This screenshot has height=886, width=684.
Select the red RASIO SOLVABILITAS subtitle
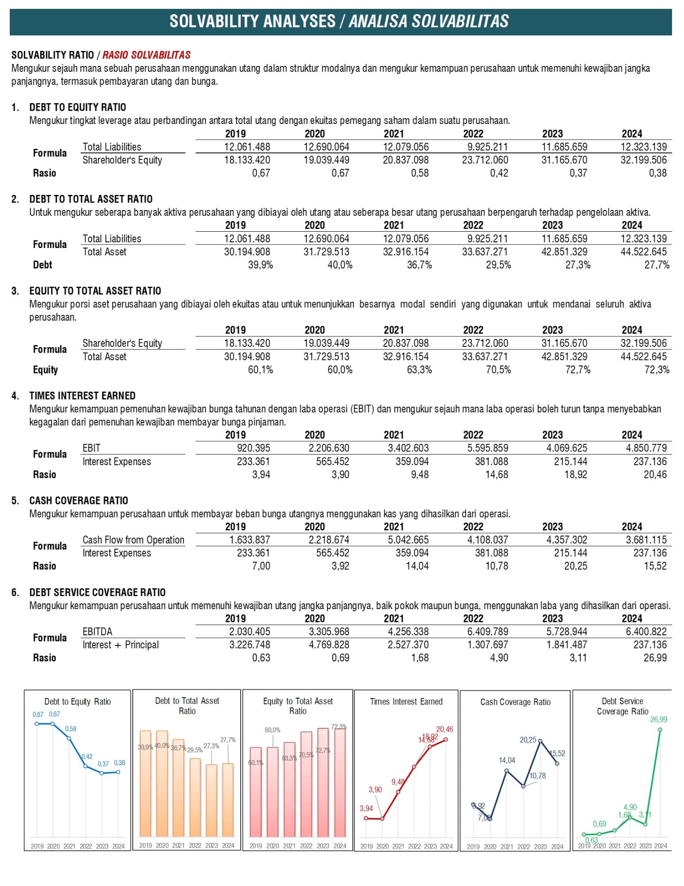point(147,55)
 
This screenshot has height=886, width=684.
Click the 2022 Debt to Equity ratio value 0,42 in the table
point(499,173)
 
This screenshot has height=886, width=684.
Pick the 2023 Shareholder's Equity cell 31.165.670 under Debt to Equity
point(564,160)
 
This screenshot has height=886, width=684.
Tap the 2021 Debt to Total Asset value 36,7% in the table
point(419,265)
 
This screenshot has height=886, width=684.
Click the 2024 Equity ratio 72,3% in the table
point(657,370)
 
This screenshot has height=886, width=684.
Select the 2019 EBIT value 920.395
point(253,448)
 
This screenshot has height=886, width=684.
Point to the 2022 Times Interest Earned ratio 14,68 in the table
point(497,474)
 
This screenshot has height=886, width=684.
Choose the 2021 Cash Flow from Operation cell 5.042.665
point(408,540)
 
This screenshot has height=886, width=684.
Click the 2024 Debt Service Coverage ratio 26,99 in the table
point(655,658)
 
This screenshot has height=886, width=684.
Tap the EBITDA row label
point(97,632)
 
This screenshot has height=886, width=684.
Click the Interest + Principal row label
point(120,645)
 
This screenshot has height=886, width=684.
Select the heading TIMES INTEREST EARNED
point(82,396)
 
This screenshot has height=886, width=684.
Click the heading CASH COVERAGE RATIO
point(79,501)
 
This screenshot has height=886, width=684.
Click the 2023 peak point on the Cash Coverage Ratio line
point(540,741)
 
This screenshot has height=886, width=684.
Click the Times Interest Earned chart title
point(406,702)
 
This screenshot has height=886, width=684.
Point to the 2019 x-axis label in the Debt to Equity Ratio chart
point(37,846)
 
